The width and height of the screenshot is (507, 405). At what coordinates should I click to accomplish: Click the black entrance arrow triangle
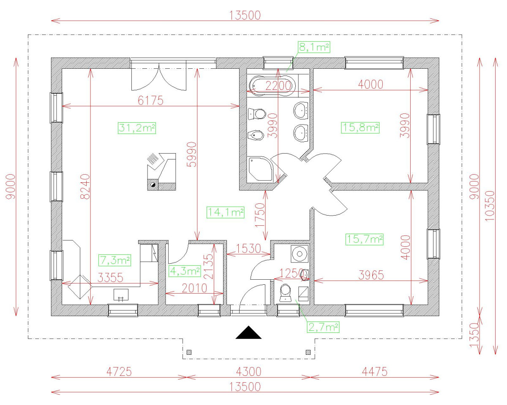pos(249,332)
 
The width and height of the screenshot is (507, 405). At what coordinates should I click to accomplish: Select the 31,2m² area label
pos(137,128)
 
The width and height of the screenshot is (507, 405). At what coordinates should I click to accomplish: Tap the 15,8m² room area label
pos(360,127)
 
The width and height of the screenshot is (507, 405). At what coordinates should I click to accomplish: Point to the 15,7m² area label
pos(364,239)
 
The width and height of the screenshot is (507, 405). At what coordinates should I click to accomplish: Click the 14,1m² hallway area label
pos(226,213)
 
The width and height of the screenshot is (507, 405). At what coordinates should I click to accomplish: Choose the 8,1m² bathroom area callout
pos(314,47)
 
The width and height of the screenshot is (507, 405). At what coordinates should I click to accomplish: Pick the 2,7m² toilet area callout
pos(323,326)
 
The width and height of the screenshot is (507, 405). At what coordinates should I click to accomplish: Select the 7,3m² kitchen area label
pos(114,260)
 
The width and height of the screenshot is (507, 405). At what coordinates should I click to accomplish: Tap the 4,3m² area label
pos(185,270)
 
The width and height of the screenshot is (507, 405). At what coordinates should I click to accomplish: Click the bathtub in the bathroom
pos(271,84)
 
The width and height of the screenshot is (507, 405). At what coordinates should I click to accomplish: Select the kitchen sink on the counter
pos(121,295)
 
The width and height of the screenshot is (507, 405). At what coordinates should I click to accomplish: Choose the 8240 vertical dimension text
pos(85,186)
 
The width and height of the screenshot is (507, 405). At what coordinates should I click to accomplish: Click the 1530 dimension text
pos(249,248)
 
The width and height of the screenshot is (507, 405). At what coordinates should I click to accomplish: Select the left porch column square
pos(189,352)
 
